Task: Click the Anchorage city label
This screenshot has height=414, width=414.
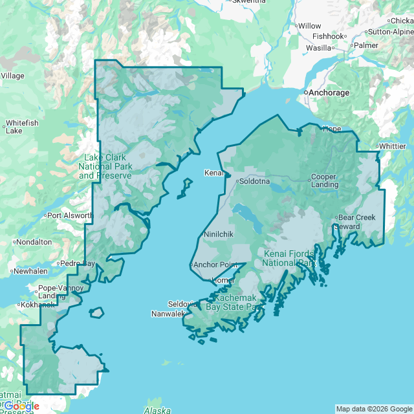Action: [x=329, y=93]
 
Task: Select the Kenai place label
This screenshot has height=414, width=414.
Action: [x=213, y=173]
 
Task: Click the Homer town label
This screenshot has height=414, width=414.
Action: [x=223, y=280]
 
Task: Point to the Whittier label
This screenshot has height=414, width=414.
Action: [x=393, y=146]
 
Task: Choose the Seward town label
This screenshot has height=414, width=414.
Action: [x=347, y=226]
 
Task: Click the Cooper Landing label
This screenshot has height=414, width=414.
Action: [x=324, y=180]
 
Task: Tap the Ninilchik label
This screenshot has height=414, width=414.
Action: [x=218, y=234]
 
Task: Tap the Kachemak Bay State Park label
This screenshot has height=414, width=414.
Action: [x=232, y=302]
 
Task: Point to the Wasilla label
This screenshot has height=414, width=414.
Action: [x=318, y=48]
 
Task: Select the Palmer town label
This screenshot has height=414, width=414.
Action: [x=365, y=45]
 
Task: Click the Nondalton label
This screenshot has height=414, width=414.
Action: [x=34, y=242]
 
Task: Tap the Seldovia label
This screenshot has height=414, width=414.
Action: [x=182, y=304]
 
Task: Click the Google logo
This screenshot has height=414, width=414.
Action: [x=21, y=406]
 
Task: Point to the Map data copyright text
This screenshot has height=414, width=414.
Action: [x=374, y=409]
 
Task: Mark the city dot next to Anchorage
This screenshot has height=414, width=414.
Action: [x=306, y=93]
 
